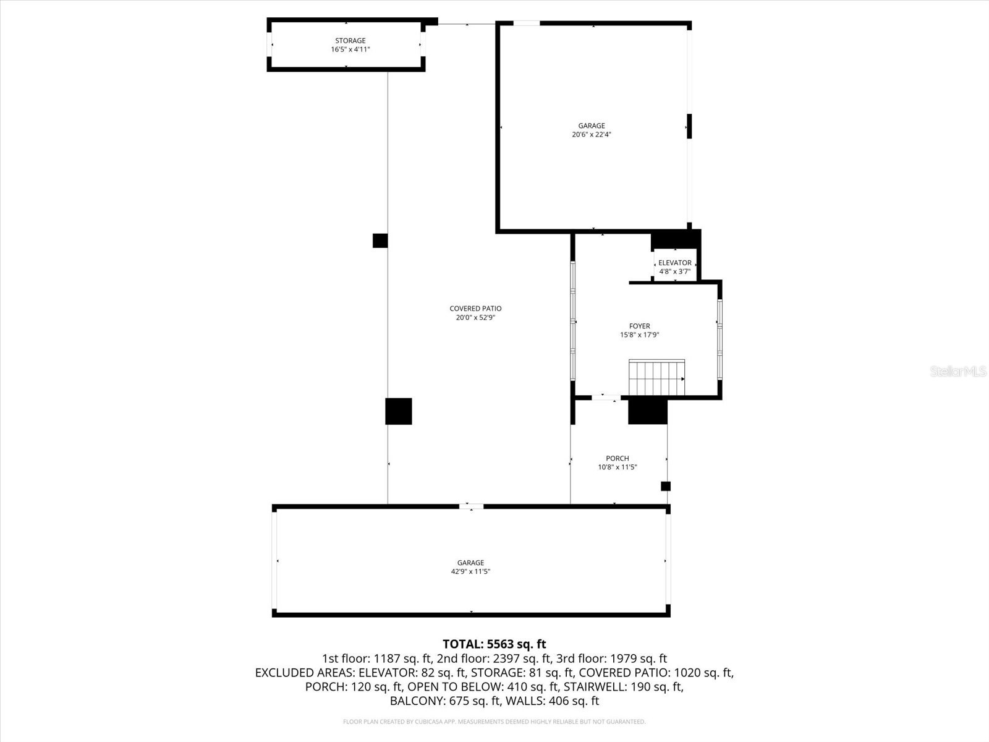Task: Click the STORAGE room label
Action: click(350, 41)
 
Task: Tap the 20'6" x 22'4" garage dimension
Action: click(592, 135)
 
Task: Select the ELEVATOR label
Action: click(674, 263)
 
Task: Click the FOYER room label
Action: click(639, 326)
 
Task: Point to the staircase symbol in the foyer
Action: click(656, 378)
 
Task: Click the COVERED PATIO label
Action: click(475, 309)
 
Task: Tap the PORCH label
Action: click(617, 458)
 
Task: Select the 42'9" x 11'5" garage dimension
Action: click(470, 572)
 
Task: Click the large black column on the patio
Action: click(398, 411)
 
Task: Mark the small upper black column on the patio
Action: click(380, 241)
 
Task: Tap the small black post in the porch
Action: click(666, 486)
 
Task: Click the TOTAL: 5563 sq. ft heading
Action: click(494, 644)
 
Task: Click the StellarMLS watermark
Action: click(957, 372)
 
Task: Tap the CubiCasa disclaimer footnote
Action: click(494, 722)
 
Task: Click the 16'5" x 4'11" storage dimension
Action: click(350, 49)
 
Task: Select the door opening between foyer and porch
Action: click(606, 398)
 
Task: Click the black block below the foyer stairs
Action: click(648, 412)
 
